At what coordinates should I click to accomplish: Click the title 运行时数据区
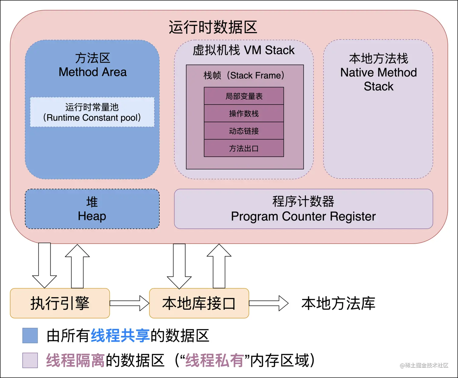[x=213, y=27]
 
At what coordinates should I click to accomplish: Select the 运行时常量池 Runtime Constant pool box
[x=92, y=112]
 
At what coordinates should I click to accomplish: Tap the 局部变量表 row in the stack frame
[x=244, y=96]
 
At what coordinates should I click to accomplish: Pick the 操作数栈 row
[x=244, y=113]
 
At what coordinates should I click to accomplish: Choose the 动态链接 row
[x=244, y=131]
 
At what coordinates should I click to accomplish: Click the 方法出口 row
[x=244, y=148]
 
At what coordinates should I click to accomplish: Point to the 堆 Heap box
[x=92, y=209]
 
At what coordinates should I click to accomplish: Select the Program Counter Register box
[x=303, y=209]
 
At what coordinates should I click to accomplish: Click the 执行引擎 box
[x=60, y=303]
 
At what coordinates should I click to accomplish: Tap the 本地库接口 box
[x=199, y=303]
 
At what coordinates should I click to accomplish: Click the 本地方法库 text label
[x=338, y=304]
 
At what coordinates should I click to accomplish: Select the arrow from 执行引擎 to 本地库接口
[x=129, y=303]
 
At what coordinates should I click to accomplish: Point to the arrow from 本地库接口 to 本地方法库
[x=269, y=303]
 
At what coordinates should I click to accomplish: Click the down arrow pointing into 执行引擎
[x=45, y=266]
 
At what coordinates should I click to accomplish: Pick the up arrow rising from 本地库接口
[x=219, y=266]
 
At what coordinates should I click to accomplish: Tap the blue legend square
[x=30, y=336]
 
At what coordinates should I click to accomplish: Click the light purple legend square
[x=30, y=360]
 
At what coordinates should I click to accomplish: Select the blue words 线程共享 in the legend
[x=120, y=336]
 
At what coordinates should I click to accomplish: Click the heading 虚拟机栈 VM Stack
[x=244, y=50]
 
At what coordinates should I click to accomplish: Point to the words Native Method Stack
[x=379, y=79]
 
